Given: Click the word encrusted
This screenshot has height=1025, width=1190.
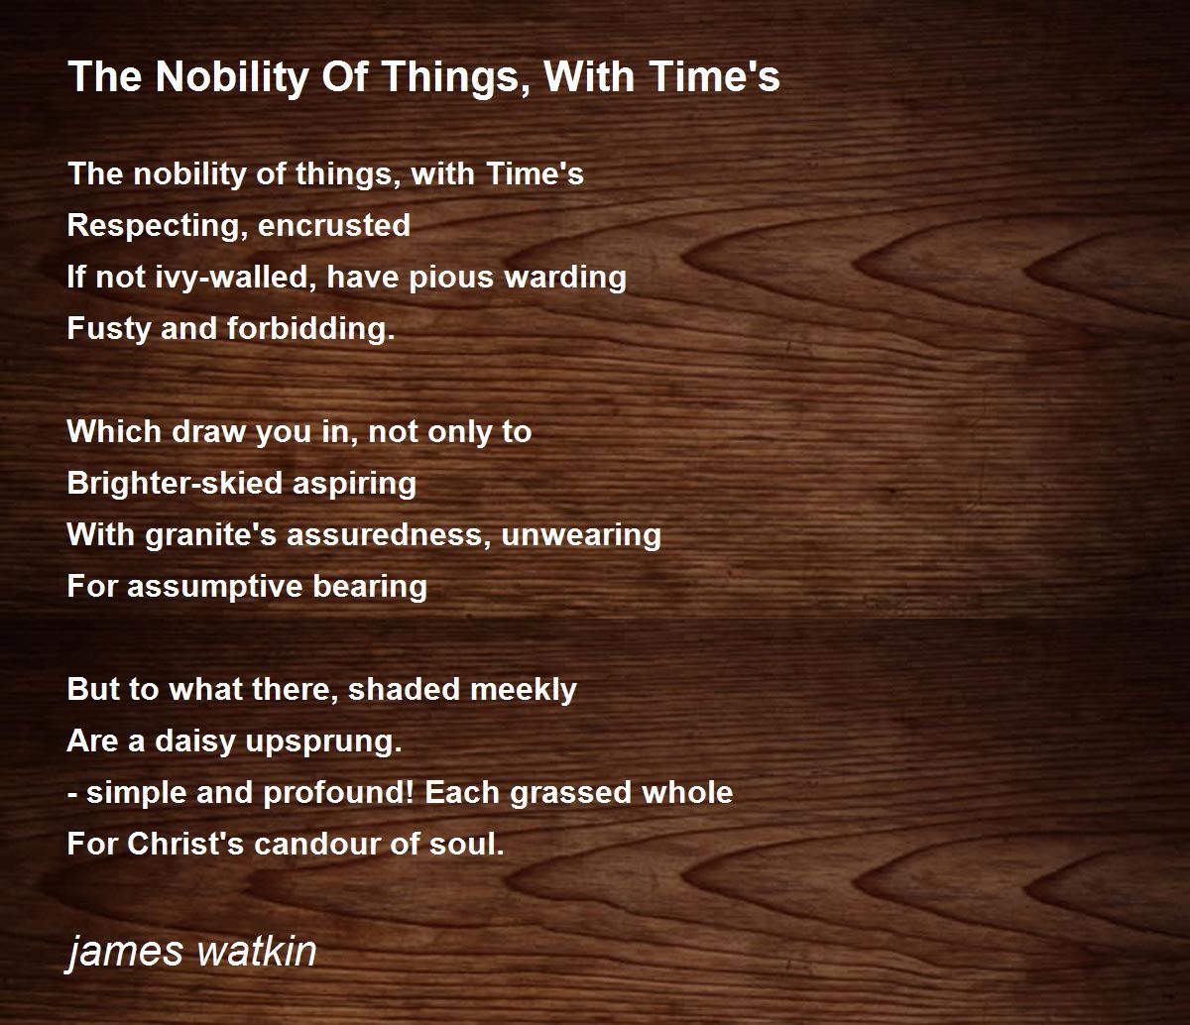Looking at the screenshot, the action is (x=334, y=226).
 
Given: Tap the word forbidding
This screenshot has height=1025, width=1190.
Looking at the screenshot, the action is (x=310, y=329).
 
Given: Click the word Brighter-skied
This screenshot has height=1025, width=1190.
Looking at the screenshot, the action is (x=175, y=484).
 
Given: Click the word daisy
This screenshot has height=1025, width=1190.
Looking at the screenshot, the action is (x=195, y=741).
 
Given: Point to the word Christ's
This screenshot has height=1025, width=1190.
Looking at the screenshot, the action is (x=185, y=845).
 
